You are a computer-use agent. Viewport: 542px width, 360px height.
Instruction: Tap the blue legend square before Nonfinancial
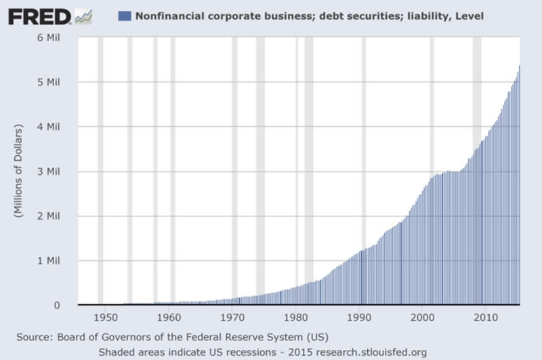[123, 15]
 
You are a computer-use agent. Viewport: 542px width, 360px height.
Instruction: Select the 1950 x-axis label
[104, 317]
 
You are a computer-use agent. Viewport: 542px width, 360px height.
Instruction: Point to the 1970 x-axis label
[232, 317]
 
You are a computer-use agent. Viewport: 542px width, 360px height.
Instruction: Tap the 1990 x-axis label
[359, 317]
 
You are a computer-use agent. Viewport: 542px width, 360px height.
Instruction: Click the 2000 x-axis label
[422, 317]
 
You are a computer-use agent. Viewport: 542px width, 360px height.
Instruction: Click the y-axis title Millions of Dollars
[18, 171]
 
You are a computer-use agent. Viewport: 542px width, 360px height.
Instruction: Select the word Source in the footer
[35, 336]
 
